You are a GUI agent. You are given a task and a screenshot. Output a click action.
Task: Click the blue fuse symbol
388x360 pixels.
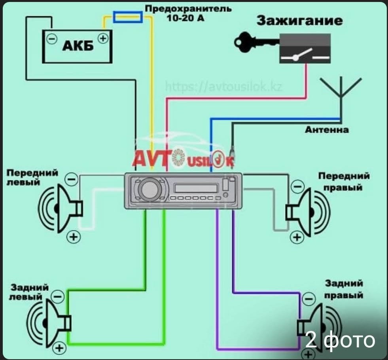click(128, 17)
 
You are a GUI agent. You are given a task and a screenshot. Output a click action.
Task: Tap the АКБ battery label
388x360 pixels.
click(78, 46)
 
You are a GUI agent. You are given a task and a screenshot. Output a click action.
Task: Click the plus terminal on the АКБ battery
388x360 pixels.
click(103, 38)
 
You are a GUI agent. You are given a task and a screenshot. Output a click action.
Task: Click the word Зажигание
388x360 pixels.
click(299, 21)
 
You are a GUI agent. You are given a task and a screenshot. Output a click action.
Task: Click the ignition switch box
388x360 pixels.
click(305, 48)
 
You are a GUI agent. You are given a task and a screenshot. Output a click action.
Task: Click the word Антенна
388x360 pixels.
click(327, 130)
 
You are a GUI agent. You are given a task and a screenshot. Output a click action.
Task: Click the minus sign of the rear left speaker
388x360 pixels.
click(58, 296)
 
